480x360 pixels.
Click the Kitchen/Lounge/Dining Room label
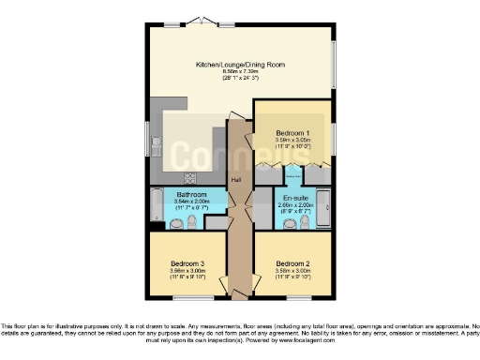point(240,65)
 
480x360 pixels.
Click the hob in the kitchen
point(189,178)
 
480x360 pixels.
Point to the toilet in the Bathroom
point(192,222)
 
